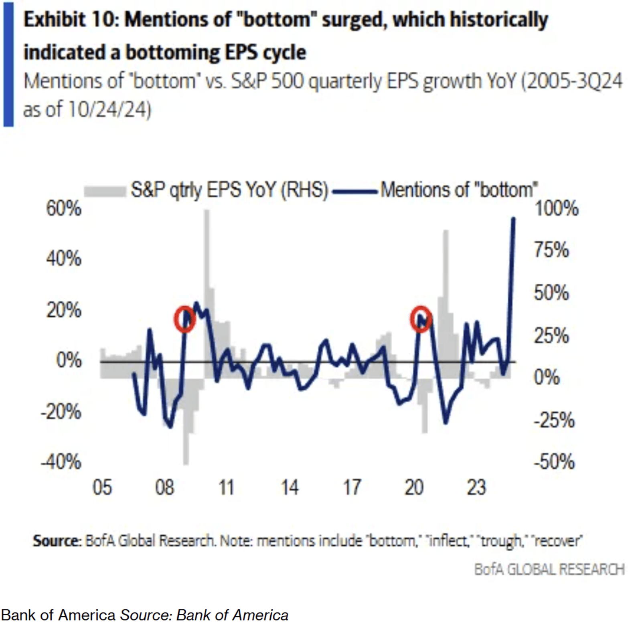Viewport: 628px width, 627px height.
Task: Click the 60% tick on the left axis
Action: point(64,209)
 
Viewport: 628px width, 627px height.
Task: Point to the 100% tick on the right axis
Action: point(557,209)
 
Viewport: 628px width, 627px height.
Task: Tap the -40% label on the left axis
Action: point(61,462)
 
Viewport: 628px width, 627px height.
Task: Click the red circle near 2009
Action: point(184,319)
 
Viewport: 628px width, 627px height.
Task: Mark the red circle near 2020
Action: point(421,319)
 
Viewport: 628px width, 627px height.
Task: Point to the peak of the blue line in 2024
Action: point(513,219)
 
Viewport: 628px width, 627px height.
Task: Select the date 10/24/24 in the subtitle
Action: point(109,109)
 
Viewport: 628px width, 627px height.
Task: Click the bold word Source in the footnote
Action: point(57,541)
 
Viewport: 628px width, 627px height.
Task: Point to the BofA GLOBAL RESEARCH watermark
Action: point(549,569)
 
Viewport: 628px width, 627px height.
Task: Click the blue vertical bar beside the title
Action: point(8,64)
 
